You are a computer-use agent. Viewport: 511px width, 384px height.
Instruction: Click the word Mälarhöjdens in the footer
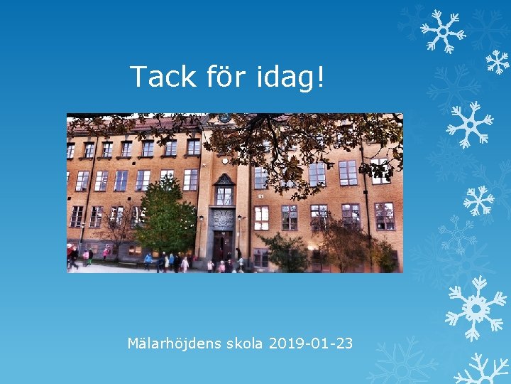[175, 344]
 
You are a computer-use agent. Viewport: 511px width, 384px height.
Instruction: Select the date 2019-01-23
[310, 344]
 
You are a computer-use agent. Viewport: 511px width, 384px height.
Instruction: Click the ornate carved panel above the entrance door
[223, 220]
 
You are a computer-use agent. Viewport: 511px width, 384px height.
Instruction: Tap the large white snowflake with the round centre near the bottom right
[476, 308]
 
